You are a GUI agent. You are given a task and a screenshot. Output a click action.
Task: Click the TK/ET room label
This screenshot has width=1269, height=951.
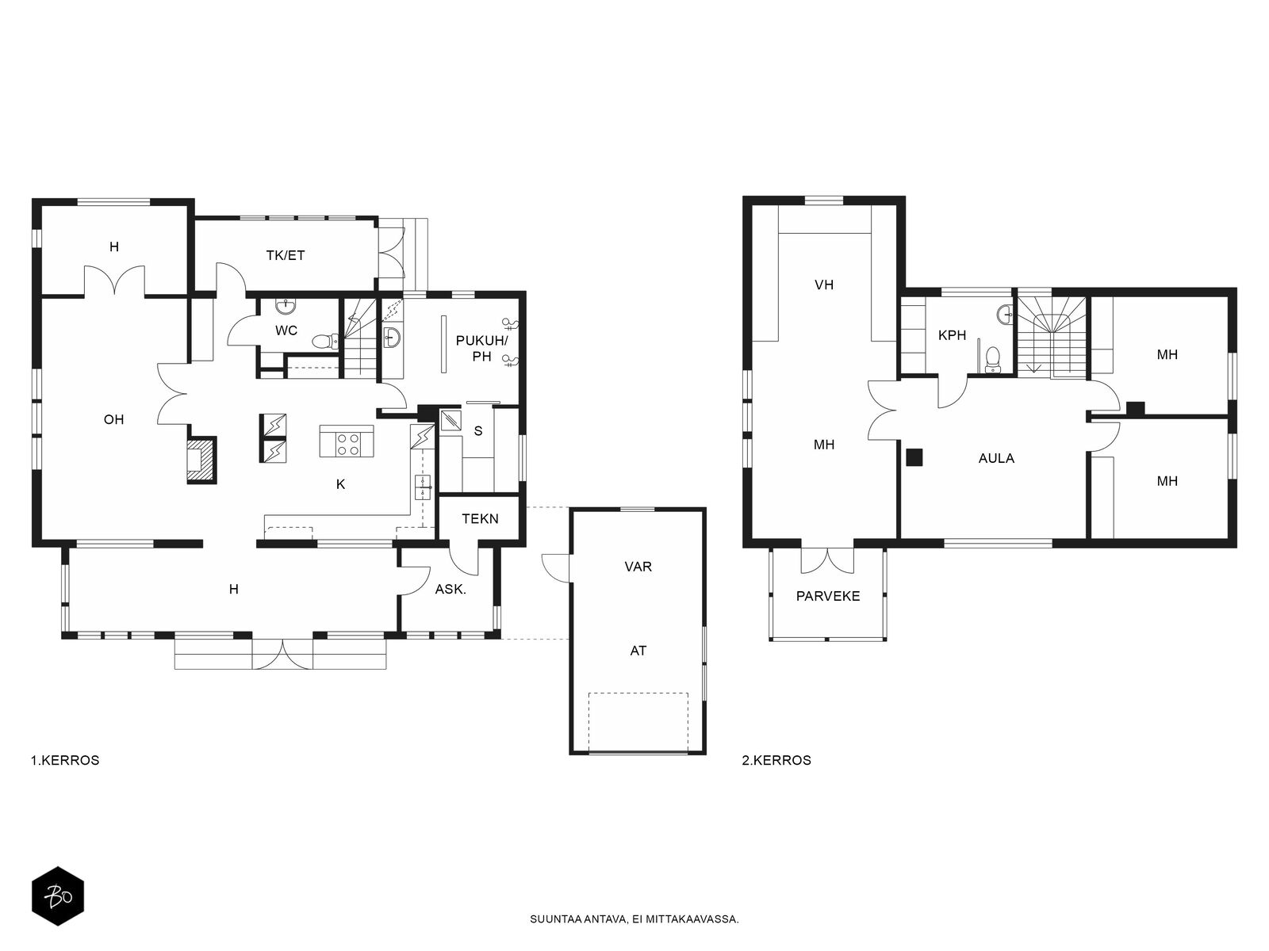(285, 255)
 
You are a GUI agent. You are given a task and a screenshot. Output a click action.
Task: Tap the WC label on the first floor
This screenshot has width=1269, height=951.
(286, 330)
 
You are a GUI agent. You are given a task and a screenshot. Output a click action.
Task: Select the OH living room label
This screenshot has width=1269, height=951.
(114, 419)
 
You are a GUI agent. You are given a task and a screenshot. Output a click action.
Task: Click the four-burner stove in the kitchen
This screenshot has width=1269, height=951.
(347, 441)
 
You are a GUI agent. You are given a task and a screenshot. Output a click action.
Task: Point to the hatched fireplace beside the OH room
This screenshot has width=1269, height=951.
(201, 460)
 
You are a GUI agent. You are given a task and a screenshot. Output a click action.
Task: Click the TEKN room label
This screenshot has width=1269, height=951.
(480, 518)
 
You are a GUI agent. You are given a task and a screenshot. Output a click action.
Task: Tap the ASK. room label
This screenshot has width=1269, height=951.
(450, 590)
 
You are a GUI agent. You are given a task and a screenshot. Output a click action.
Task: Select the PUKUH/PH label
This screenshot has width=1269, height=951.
(481, 348)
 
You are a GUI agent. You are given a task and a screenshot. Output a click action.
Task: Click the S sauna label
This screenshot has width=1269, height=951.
(478, 431)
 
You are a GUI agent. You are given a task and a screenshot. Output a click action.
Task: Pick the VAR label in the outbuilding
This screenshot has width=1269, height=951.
(638, 567)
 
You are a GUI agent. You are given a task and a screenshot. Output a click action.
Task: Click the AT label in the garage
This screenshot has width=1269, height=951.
(638, 651)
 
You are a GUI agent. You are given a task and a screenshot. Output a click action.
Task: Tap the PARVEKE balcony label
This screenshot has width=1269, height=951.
(828, 596)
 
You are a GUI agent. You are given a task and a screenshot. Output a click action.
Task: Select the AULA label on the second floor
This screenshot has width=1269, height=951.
(996, 459)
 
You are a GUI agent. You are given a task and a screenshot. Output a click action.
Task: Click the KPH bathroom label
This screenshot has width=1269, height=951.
(953, 335)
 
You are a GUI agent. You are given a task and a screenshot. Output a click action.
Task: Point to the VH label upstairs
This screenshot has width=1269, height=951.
(824, 285)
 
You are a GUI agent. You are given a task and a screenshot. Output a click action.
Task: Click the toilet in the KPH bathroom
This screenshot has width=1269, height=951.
(993, 358)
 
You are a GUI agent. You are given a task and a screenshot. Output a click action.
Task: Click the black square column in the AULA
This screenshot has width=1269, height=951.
(914, 458)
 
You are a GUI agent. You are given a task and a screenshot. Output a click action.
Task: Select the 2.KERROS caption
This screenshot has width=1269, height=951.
(776, 761)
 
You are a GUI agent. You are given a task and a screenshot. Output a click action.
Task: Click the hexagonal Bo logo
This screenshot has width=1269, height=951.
(59, 896)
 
